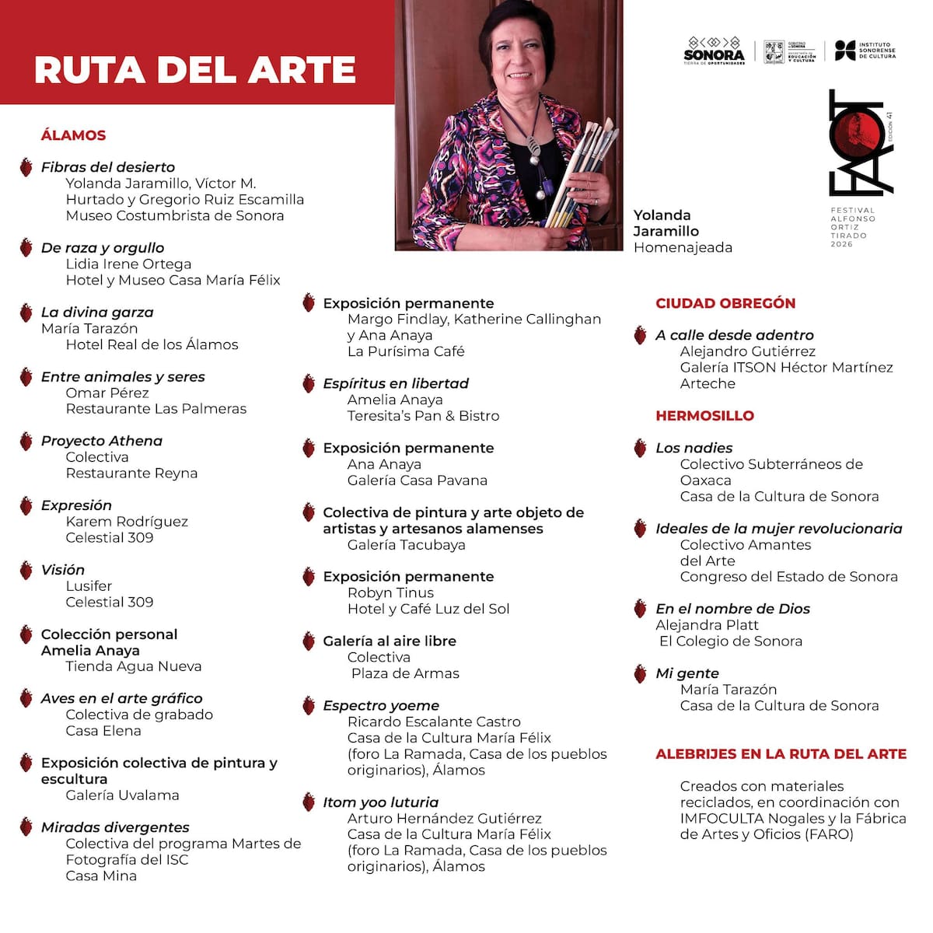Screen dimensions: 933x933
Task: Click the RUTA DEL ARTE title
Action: (x=194, y=70)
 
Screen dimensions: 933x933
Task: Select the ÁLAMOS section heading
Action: (x=73, y=135)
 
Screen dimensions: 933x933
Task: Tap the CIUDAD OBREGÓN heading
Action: (x=725, y=303)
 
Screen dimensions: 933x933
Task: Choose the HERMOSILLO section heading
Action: (x=704, y=416)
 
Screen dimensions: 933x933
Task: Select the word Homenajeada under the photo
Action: (x=683, y=247)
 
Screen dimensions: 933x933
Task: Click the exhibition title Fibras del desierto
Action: (x=108, y=167)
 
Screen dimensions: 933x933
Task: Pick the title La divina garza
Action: (x=97, y=313)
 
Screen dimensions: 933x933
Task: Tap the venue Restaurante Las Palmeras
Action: (x=155, y=409)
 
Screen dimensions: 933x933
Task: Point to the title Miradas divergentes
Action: (x=115, y=827)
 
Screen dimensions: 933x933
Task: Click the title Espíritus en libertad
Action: (x=396, y=383)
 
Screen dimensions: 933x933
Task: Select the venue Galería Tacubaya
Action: (x=406, y=545)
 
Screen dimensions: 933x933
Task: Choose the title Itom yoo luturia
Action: (x=380, y=802)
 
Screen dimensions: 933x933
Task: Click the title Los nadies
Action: (x=694, y=448)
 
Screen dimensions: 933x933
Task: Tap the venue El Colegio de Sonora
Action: (x=730, y=641)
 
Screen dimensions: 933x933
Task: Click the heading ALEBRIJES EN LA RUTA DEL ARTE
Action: (x=781, y=754)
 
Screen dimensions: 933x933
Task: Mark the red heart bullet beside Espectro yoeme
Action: (x=309, y=706)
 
